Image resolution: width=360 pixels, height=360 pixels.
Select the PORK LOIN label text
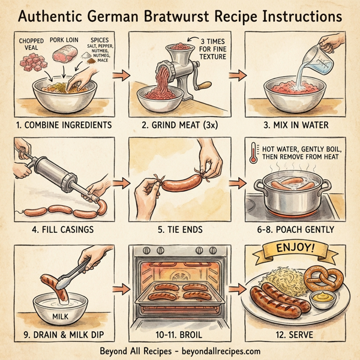point(64,37)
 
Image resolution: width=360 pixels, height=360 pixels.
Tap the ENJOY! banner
point(296,248)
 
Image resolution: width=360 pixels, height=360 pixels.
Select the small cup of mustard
point(325,298)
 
